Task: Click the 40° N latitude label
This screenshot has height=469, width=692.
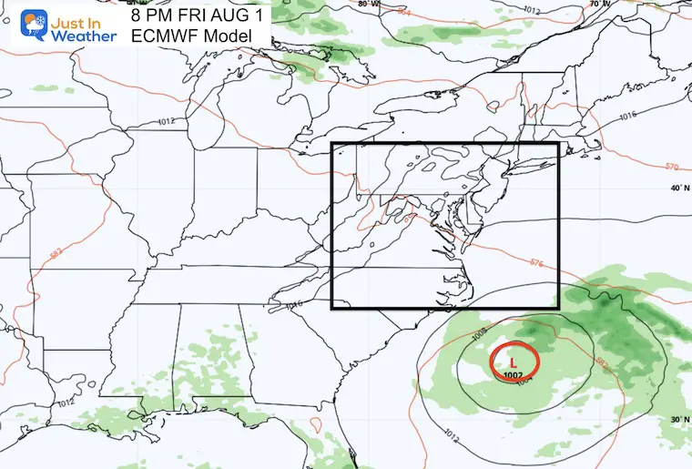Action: point(676,189)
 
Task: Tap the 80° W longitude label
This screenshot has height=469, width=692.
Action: point(369,5)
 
